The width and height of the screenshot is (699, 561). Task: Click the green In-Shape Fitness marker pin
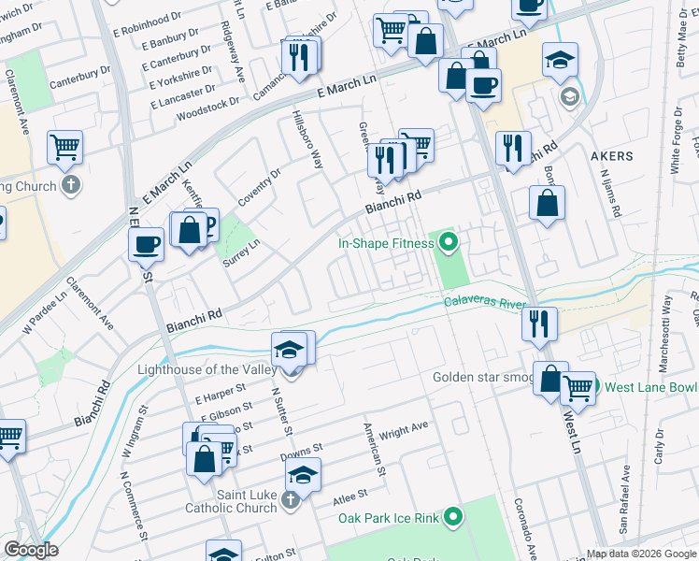pyautogui.click(x=449, y=244)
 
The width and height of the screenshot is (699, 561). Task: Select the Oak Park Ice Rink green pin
pyautogui.click(x=453, y=516)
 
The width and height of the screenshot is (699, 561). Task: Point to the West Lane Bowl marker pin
pyautogui.click(x=593, y=387)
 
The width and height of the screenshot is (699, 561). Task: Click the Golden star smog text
pyautogui.click(x=481, y=378)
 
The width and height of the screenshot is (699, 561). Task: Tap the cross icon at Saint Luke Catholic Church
pyautogui.click(x=290, y=501)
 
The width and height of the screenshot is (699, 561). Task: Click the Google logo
pyautogui.click(x=31, y=550)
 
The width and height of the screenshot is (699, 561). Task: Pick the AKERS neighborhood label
pyautogui.click(x=612, y=156)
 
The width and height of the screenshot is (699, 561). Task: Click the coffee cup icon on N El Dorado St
pyautogui.click(x=146, y=245)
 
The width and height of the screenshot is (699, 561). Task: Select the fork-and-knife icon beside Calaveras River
pyautogui.click(x=539, y=324)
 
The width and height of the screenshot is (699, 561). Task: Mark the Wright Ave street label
pyautogui.click(x=403, y=430)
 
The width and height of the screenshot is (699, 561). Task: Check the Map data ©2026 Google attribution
pyautogui.click(x=640, y=554)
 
